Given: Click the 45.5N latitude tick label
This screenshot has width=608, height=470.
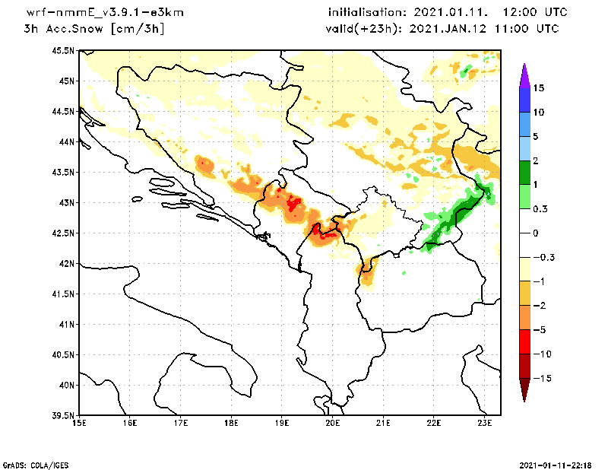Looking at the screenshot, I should pyautogui.click(x=63, y=50).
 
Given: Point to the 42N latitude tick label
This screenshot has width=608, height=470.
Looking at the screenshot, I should pyautogui.click(x=66, y=263).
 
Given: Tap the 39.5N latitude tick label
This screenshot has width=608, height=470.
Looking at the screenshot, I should pyautogui.click(x=63, y=415).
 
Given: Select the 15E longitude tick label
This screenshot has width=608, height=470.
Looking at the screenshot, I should pyautogui.click(x=79, y=423).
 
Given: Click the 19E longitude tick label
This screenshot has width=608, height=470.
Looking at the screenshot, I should pyautogui.click(x=282, y=423).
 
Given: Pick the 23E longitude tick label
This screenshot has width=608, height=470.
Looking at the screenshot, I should pyautogui.click(x=484, y=423).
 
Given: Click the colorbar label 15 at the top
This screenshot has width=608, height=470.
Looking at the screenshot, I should pyautogui.click(x=538, y=87).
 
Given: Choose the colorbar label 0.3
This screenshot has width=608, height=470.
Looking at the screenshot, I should pyautogui.click(x=540, y=208).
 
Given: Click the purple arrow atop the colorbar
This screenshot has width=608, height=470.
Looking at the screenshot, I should pyautogui.click(x=524, y=75).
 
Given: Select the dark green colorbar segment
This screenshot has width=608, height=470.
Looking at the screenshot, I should pyautogui.click(x=524, y=173).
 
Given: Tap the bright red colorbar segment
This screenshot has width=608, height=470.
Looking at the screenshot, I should pyautogui.click(x=524, y=341).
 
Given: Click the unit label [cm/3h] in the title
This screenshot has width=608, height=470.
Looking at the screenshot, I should pyautogui.click(x=137, y=29).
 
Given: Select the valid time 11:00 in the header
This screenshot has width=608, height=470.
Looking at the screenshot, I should pyautogui.click(x=514, y=29).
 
